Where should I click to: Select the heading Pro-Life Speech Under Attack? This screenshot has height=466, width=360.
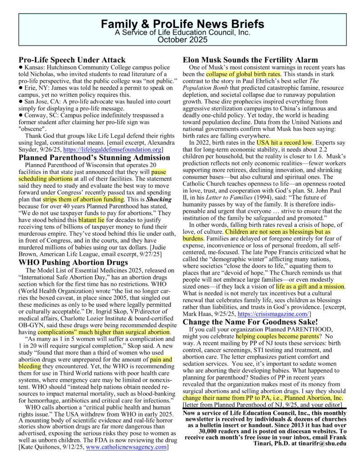coord(72,60)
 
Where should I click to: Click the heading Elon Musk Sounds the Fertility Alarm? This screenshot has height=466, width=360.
coord(250,60)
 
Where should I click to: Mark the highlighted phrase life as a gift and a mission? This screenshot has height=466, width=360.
coord(310,286)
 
